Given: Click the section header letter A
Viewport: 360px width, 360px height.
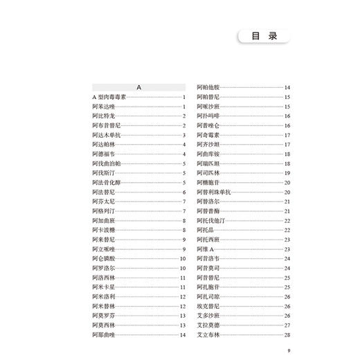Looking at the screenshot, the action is [138, 88].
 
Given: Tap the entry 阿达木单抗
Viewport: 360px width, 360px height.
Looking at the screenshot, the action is [106, 135].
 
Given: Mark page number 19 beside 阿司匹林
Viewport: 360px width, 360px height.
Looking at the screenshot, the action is [286, 172].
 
